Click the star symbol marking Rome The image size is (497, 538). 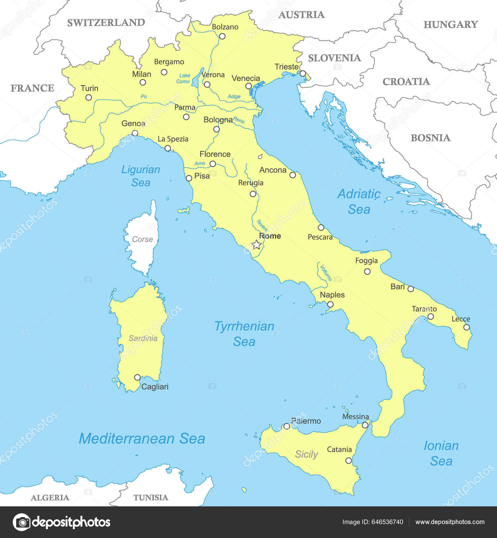256,245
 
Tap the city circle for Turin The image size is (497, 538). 89,97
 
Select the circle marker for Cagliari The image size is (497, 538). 137,377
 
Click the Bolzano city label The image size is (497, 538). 225,27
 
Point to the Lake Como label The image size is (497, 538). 183,78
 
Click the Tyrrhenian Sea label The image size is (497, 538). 244,334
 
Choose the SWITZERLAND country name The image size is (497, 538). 106,22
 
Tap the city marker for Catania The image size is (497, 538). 348,460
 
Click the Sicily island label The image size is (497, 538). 306,454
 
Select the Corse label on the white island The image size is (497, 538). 142,239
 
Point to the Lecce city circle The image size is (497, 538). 466,327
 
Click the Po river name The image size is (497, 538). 144,97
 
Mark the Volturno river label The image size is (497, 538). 326,272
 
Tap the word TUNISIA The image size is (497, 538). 150,497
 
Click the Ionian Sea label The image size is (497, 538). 441,453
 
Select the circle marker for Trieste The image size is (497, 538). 303,74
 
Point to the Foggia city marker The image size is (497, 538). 367,271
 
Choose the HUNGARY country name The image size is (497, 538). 450,24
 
